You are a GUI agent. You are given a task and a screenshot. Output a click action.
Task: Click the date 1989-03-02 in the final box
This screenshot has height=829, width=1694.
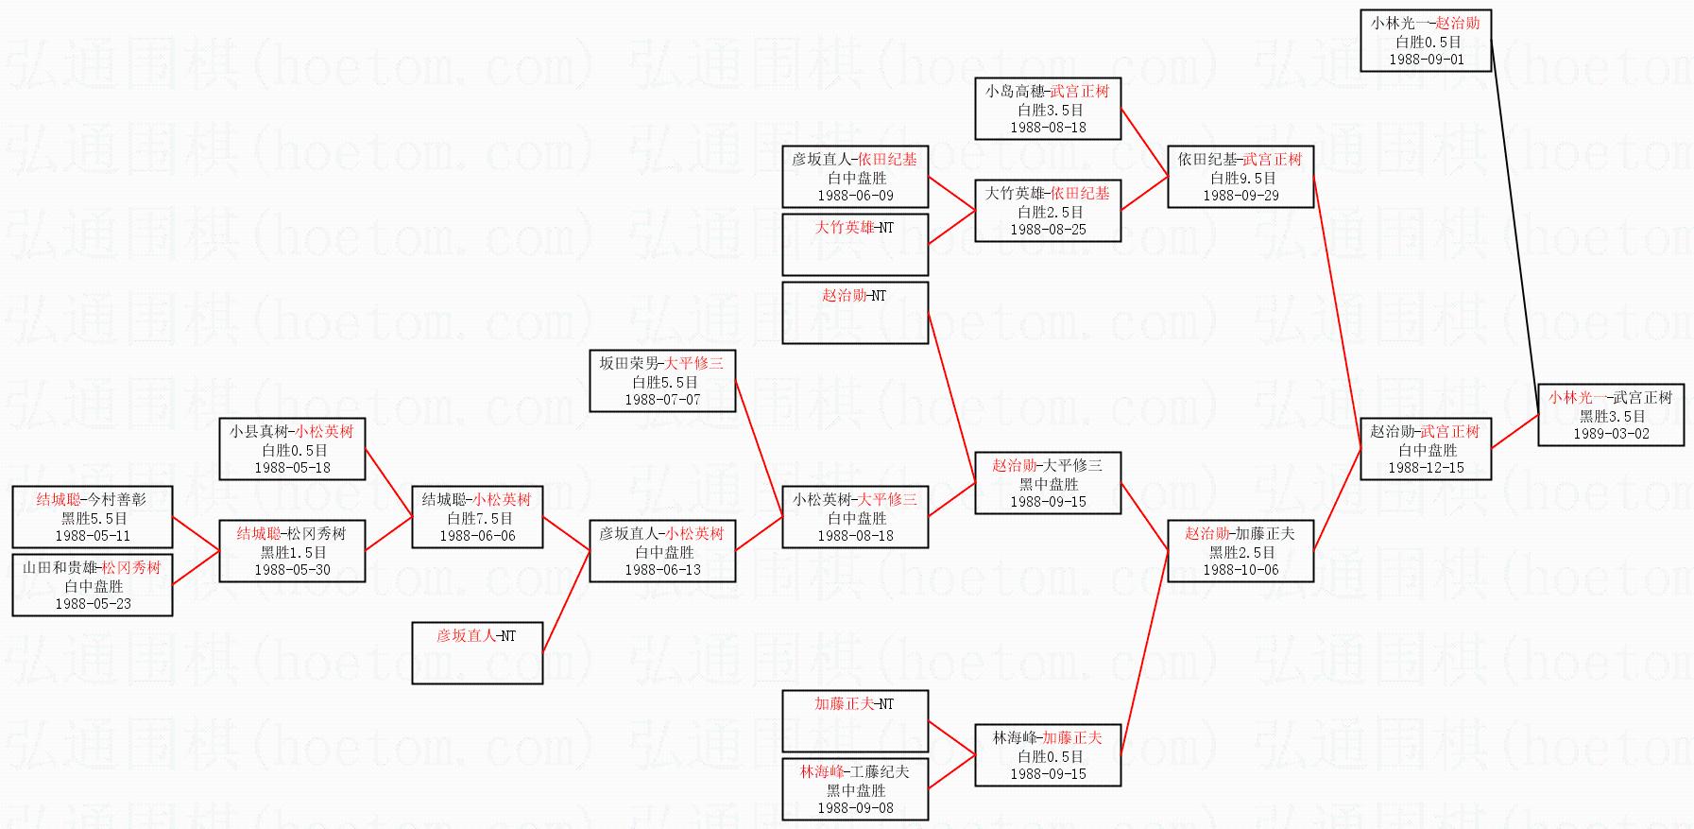coord(1611,434)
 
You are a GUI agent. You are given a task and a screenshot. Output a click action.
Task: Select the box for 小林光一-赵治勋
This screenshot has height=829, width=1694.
coord(1426,41)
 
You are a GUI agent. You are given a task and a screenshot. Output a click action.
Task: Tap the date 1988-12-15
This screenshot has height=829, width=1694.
coord(1426,468)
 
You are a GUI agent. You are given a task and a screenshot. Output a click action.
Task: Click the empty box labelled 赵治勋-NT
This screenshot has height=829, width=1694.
coord(855,312)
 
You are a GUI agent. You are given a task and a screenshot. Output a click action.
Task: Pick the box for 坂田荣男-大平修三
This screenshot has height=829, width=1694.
coord(662,381)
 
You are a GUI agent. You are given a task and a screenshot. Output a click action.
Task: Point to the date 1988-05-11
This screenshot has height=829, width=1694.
coord(93,536)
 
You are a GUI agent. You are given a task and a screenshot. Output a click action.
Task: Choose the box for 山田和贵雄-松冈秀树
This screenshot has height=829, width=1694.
coord(93,585)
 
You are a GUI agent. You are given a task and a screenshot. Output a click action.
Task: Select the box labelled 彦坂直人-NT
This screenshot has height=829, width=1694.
coord(477,652)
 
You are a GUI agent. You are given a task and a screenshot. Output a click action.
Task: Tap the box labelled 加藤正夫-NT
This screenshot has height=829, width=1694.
coord(855,720)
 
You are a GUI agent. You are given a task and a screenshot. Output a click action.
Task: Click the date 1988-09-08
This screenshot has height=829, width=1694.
coord(855,808)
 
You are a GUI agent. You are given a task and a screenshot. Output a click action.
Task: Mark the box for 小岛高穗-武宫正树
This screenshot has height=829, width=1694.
coord(1048,109)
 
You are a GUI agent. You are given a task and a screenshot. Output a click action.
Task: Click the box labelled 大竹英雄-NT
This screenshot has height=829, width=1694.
coord(855,244)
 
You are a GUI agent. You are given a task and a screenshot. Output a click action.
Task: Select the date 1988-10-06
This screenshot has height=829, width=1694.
coord(1241,570)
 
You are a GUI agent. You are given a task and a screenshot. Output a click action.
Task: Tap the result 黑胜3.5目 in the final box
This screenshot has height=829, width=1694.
coord(1612,416)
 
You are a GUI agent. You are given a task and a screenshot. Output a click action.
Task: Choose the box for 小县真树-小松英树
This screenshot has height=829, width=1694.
coord(292,449)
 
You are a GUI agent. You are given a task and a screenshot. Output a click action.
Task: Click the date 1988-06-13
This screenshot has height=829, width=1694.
coord(662,570)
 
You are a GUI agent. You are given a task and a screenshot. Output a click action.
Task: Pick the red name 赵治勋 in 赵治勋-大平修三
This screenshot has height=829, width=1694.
coord(1014,465)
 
